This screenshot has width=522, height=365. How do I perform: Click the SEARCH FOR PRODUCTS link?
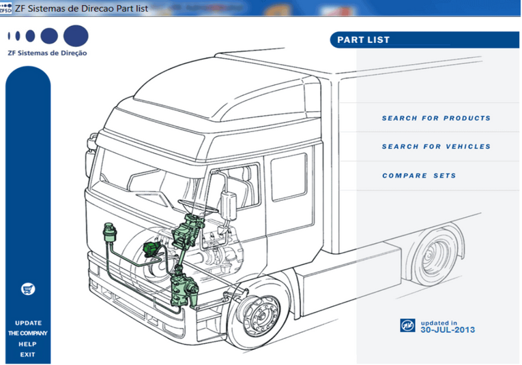tap(436, 118)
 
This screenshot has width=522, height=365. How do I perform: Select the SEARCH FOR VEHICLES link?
tap(436, 147)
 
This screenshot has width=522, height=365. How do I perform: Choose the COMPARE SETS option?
tap(419, 176)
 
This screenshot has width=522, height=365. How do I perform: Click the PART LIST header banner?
tap(364, 39)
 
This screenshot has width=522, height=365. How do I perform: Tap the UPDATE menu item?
tap(28, 323)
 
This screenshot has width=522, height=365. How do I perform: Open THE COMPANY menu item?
tap(28, 333)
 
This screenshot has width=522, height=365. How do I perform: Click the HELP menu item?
tap(28, 344)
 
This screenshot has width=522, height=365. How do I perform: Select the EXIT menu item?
tap(28, 354)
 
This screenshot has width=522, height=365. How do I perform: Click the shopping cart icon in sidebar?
tap(28, 289)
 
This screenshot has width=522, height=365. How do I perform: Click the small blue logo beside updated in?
tap(407, 326)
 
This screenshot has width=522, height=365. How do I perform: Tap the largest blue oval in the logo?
tap(76, 35)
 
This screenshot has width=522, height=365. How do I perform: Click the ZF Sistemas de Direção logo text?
tap(47, 52)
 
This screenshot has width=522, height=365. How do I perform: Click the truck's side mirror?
tap(227, 203)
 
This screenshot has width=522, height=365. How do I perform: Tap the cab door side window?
tap(289, 176)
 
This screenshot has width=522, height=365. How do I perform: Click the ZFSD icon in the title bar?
tap(7, 7)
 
